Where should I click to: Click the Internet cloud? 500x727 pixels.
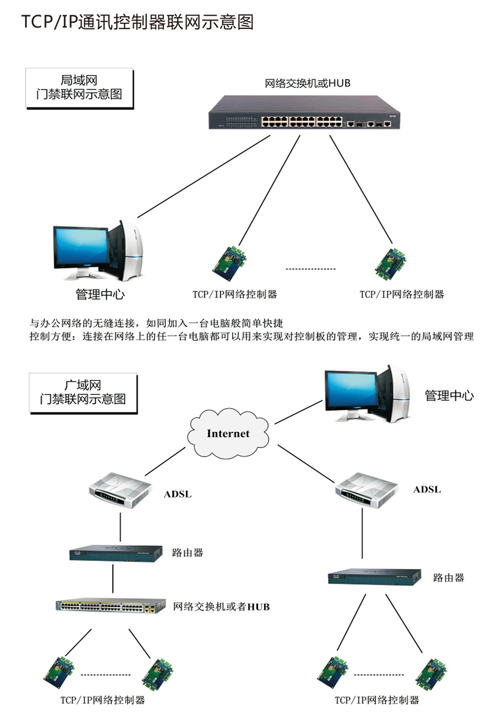pyautogui.click(x=228, y=433)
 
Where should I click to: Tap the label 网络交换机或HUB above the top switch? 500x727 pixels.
pyautogui.click(x=307, y=83)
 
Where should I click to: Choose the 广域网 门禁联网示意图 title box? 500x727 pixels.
pyautogui.click(x=83, y=392)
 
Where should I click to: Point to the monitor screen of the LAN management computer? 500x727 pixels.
pyautogui.click(x=80, y=247)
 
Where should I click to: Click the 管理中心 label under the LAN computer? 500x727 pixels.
pyautogui.click(x=104, y=294)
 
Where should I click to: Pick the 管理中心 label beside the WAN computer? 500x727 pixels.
pyautogui.click(x=449, y=396)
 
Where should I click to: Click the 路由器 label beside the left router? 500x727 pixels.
pyautogui.click(x=187, y=552)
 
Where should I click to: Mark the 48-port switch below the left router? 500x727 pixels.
pyautogui.click(x=111, y=606)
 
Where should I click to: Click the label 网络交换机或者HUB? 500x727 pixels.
pyautogui.click(x=222, y=606)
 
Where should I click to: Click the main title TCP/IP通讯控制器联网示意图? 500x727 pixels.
pyautogui.click(x=138, y=22)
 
